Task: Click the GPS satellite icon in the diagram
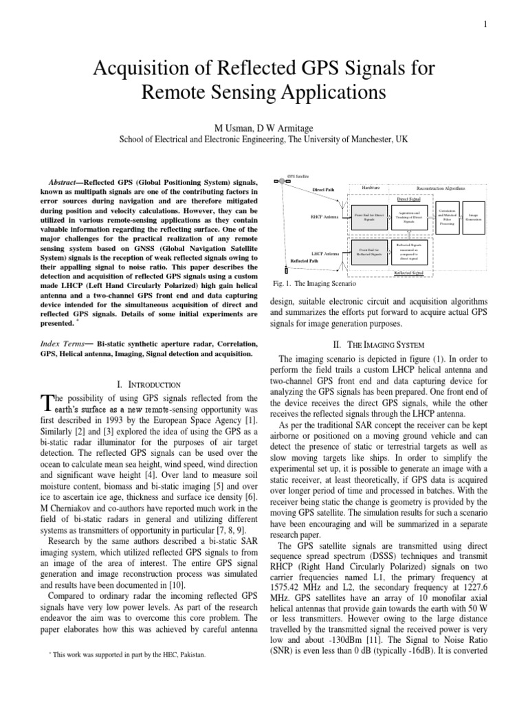tap(279, 181)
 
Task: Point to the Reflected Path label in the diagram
tap(304, 261)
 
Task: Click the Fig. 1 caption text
tap(310, 283)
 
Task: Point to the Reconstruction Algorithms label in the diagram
tap(440, 187)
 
